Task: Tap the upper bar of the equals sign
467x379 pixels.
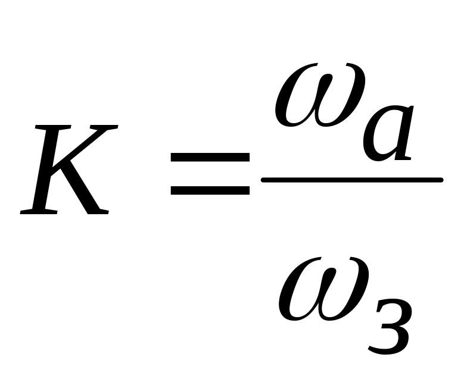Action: (x=210, y=158)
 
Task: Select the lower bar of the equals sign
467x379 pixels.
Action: (x=210, y=191)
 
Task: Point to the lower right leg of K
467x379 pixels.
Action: (x=89, y=196)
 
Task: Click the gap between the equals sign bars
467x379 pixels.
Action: (x=210, y=174)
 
